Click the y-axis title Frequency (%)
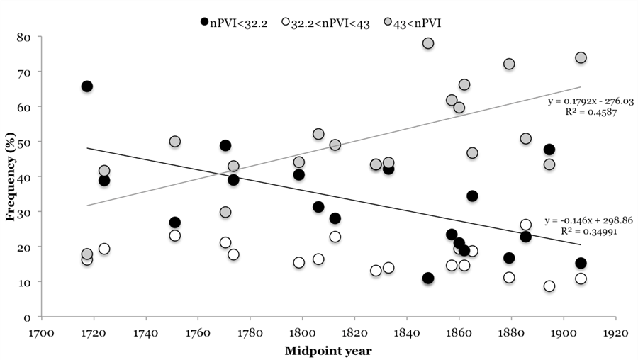click(x=11, y=176)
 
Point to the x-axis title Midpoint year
click(x=328, y=350)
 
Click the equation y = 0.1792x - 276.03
click(x=591, y=101)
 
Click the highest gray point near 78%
click(x=428, y=43)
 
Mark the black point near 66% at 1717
click(x=87, y=86)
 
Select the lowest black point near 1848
click(x=428, y=278)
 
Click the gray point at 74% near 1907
click(x=581, y=57)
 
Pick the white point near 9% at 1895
click(x=549, y=286)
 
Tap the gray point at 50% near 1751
click(x=175, y=142)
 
